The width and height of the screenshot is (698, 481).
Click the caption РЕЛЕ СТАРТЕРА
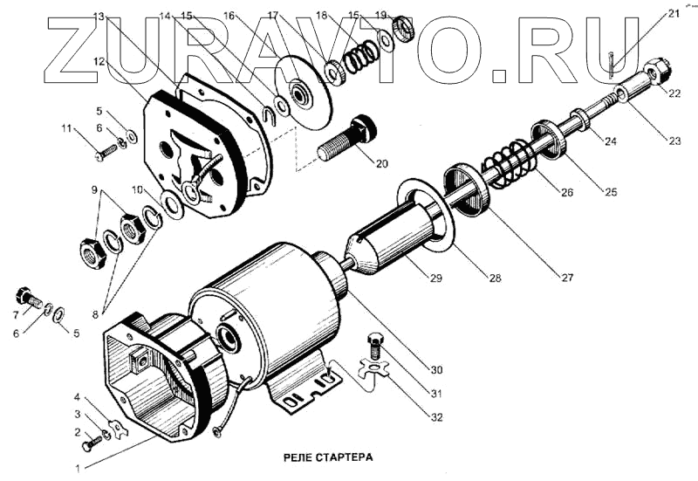(x=329, y=457)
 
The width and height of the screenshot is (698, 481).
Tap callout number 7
(x=15, y=316)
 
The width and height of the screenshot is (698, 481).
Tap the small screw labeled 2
(x=89, y=445)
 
